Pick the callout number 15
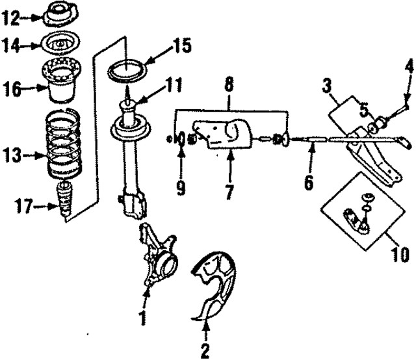[x=183, y=47]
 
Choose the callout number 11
[x=174, y=84]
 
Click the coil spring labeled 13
[x=64, y=146]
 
